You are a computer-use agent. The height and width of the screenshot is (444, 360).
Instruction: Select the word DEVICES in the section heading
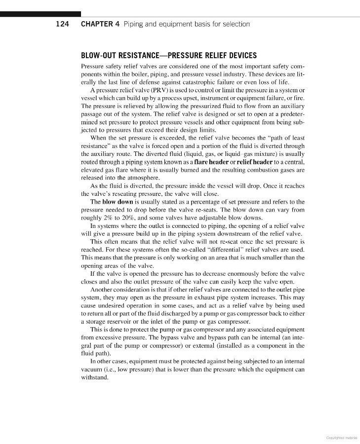[239, 55]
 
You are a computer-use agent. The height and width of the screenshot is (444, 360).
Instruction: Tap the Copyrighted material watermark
[341, 437]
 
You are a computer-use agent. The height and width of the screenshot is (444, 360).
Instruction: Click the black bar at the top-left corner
[40, 14]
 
